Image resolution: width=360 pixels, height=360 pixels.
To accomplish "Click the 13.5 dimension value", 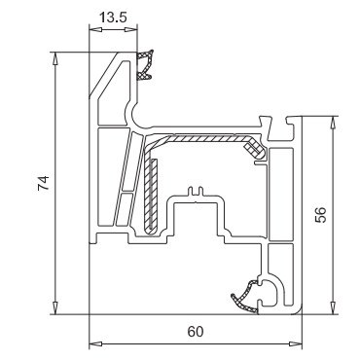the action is click(113, 18).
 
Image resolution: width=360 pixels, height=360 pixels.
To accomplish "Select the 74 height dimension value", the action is click(44, 183).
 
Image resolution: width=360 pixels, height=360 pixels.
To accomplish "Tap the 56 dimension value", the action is click(320, 215).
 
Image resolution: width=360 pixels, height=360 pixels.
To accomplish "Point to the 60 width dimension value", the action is click(196, 332).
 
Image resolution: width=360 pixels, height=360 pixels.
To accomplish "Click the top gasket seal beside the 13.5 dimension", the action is click(145, 65).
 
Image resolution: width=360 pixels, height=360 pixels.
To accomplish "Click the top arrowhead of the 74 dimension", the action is click(55, 58).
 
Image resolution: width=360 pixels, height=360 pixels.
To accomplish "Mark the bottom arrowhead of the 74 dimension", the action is click(55, 307).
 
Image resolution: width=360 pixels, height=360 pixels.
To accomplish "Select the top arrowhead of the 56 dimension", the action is click(333, 123).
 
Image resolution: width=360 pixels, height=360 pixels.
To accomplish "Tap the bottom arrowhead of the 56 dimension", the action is click(333, 307).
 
